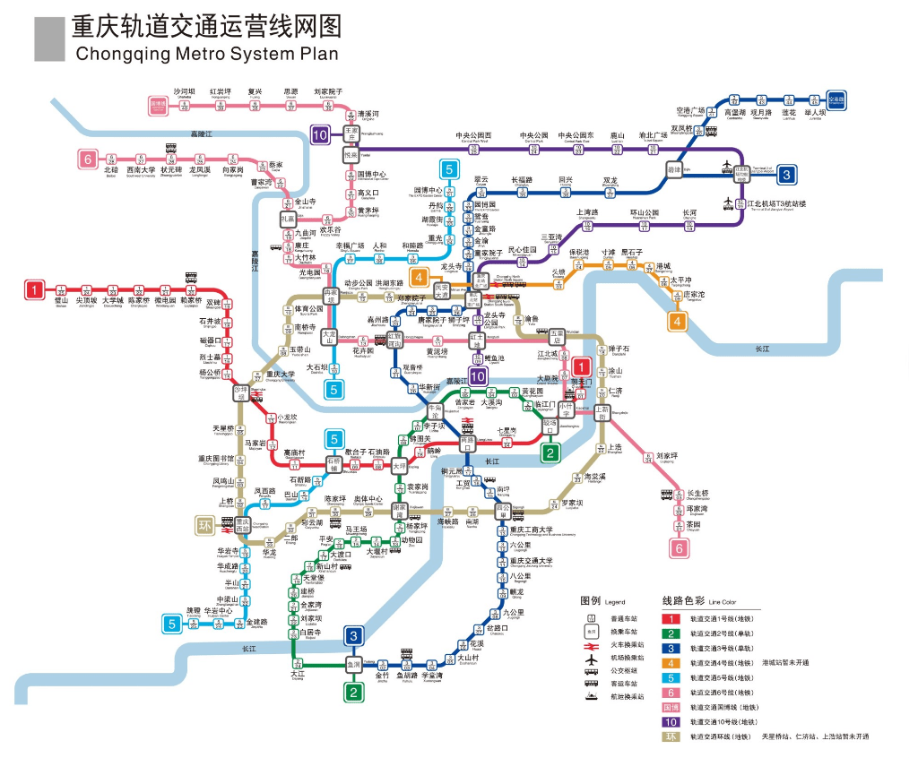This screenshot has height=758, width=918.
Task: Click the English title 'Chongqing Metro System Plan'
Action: (207, 54)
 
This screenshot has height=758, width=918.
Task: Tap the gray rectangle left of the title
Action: (49, 39)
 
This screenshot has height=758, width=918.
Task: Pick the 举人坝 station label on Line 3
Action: (815, 113)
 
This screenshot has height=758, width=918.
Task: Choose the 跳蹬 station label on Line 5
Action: (194, 611)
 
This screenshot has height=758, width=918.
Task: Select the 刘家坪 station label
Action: (665, 456)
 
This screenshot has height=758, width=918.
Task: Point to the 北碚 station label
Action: (110, 169)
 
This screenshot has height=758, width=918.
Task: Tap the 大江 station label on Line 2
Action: (298, 673)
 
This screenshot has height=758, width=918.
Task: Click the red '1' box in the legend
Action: (670, 618)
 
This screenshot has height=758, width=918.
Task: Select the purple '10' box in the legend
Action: (670, 721)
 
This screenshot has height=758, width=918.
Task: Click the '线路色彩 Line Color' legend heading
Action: (697, 601)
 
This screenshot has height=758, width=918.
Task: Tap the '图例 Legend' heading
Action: (602, 601)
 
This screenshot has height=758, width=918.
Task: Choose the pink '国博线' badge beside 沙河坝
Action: (159, 104)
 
